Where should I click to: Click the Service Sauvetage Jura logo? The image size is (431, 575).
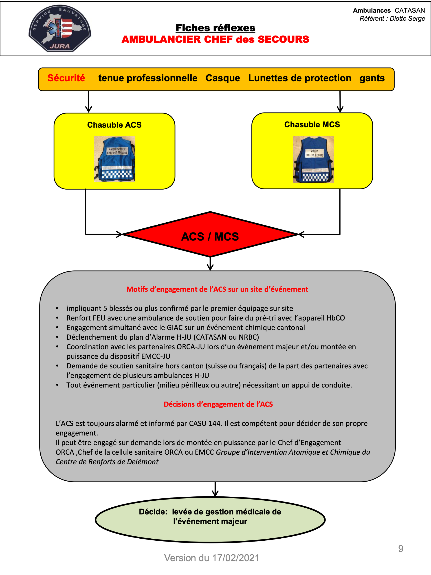(60, 28)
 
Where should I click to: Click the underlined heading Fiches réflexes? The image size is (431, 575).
(215, 28)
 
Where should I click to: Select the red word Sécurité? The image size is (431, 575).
(66, 78)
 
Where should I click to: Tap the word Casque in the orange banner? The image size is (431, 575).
(223, 78)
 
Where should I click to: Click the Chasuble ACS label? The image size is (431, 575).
(114, 125)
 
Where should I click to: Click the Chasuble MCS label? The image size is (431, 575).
(312, 124)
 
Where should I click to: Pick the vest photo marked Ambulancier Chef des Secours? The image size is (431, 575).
(114, 159)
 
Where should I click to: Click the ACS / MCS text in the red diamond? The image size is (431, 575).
(210, 237)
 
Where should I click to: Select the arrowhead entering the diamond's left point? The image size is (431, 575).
(119, 234)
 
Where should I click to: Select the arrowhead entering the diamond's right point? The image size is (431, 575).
(301, 234)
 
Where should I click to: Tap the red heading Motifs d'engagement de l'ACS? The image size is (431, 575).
(217, 289)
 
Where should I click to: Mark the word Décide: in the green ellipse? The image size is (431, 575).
(153, 512)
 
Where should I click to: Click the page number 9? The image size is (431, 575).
(401, 548)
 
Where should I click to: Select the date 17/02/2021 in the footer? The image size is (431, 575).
(236, 558)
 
